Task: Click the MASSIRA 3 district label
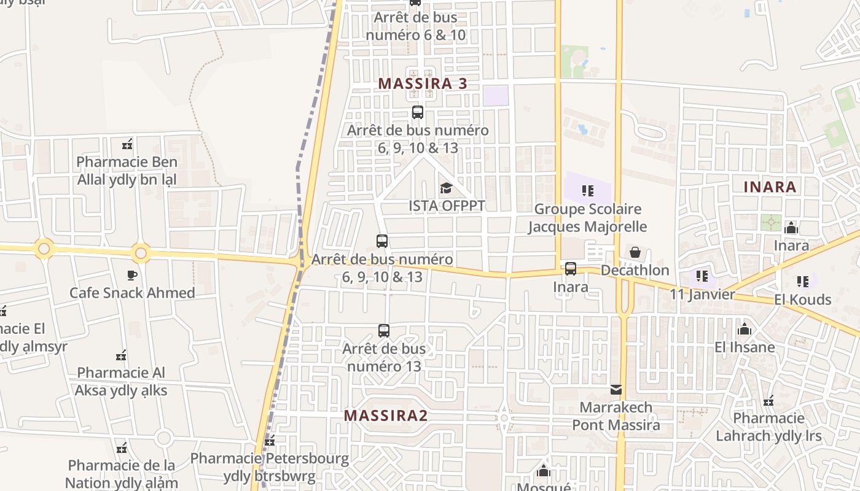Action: pos(423,83)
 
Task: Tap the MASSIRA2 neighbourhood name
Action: pos(385,416)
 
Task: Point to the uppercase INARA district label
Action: pos(770,187)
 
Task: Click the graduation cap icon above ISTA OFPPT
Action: pos(446,188)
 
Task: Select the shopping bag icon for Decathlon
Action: pos(635,252)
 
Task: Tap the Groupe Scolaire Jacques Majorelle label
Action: pos(588,218)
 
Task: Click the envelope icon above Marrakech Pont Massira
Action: pos(616,390)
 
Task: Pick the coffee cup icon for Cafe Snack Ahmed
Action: pos(131,275)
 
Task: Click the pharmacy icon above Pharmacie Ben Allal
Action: pos(127,145)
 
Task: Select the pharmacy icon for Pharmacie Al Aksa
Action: pos(121,355)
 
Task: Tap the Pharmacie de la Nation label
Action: pos(122,474)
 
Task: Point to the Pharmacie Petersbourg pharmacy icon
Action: pos(269,441)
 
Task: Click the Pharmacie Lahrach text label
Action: pos(768,427)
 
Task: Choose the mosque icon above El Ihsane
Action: pos(745,329)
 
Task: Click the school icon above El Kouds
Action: pos(802,282)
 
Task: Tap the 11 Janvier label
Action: pos(702,295)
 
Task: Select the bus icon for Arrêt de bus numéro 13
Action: pos(384,331)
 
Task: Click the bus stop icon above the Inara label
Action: pos(571,269)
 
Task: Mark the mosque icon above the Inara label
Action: pos(791,228)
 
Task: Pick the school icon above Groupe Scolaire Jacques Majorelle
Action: pos(588,191)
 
